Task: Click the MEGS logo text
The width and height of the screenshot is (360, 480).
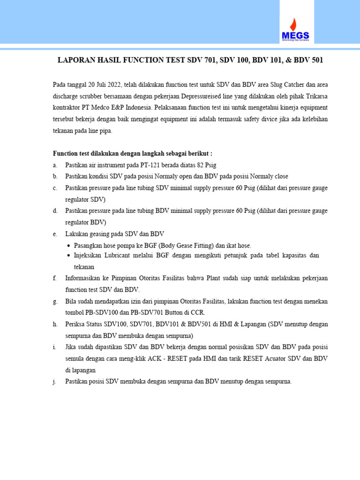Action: (x=295, y=35)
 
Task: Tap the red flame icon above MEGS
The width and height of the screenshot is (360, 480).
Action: (x=293, y=23)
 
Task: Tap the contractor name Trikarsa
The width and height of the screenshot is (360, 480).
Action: (x=315, y=97)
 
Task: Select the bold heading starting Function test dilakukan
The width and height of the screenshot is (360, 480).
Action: (x=133, y=153)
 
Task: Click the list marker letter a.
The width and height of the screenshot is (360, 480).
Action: (x=55, y=165)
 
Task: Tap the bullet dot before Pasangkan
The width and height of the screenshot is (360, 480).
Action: (x=69, y=246)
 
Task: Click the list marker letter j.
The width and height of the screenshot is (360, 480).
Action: (x=55, y=382)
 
